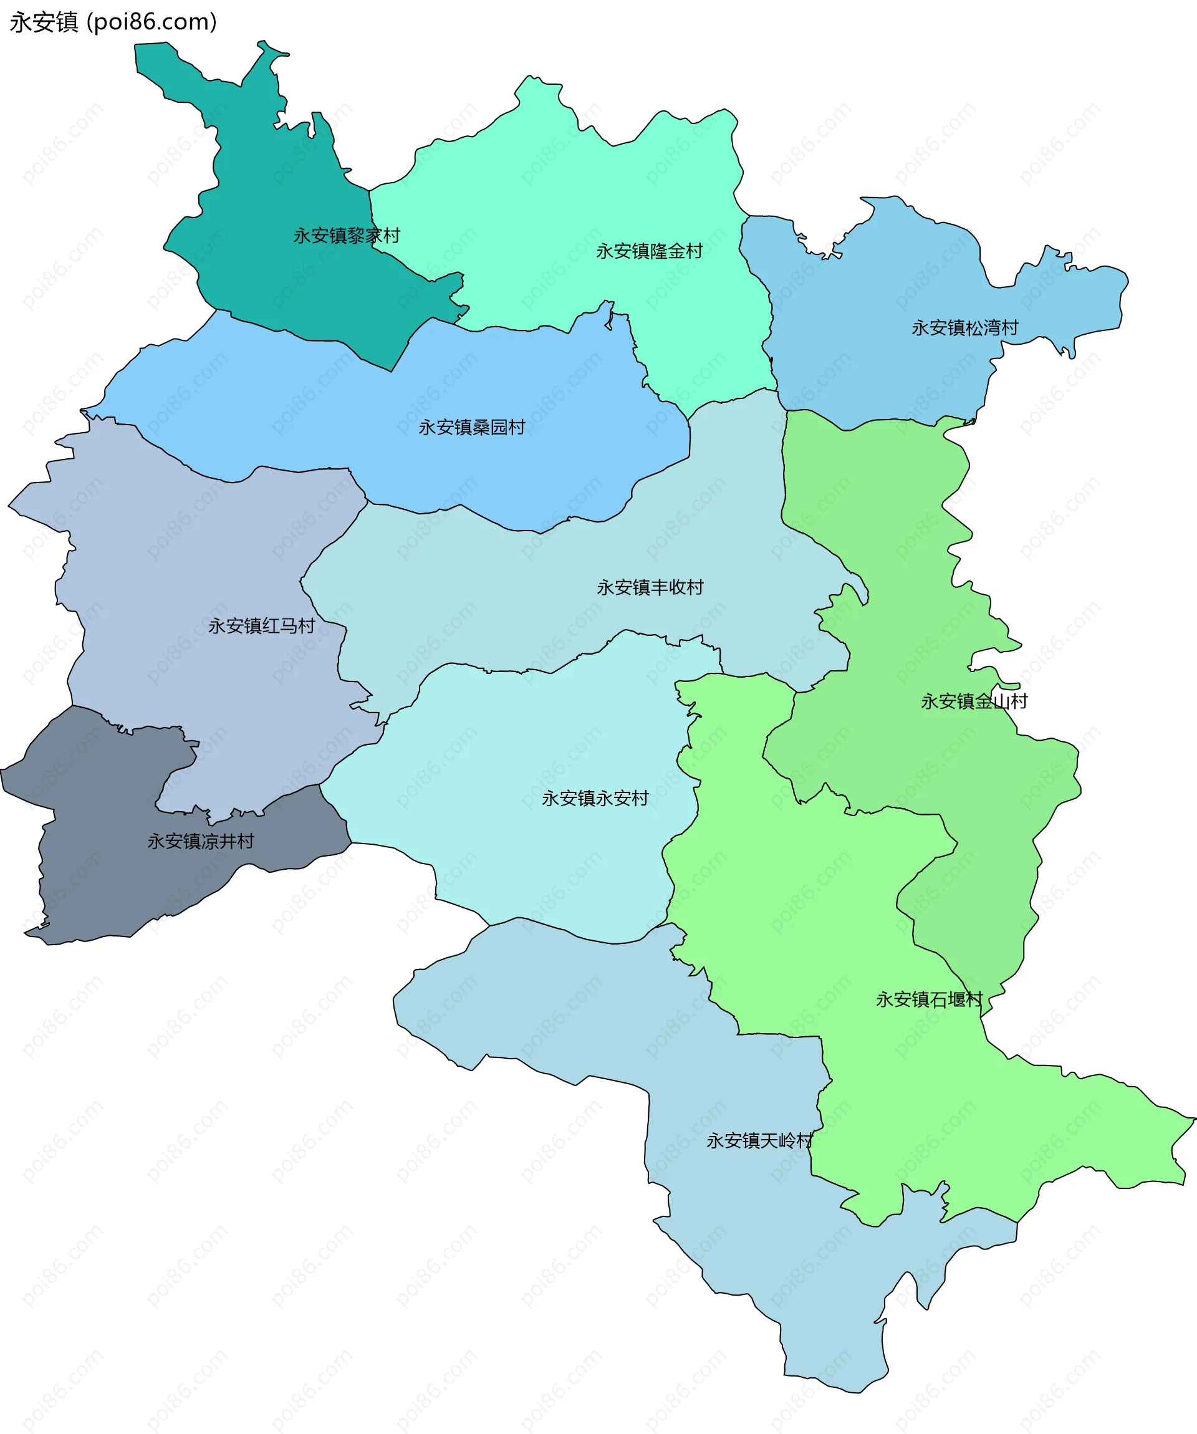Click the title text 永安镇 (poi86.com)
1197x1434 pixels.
pyautogui.click(x=113, y=22)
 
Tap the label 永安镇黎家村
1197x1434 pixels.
pyautogui.click(x=346, y=236)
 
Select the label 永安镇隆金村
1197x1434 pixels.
pyautogui.click(x=649, y=251)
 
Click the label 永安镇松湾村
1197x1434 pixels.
pyautogui.click(x=964, y=328)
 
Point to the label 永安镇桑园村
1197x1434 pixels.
pyautogui.click(x=471, y=428)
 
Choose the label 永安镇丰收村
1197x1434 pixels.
pyautogui.click(x=650, y=587)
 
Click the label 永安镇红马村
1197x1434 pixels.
pyautogui.click(x=261, y=626)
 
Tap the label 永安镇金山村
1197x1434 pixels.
pyautogui.click(x=974, y=701)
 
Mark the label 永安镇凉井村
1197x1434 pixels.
pyautogui.click(x=200, y=841)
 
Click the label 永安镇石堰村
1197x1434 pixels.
pyautogui.click(x=929, y=999)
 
